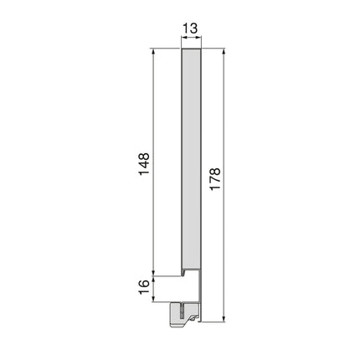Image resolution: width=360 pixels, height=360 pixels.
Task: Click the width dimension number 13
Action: click(x=191, y=29)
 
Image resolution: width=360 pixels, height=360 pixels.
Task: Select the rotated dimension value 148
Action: click(x=143, y=162)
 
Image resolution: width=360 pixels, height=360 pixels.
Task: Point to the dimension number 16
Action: click(x=143, y=286)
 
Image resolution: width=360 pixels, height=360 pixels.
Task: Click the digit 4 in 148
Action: click(x=143, y=162)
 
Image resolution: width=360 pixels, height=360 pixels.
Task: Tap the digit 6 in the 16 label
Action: click(x=143, y=282)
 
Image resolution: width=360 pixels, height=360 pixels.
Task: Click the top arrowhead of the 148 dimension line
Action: click(x=155, y=52)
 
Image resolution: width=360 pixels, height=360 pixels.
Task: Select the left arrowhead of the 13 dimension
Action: click(x=183, y=41)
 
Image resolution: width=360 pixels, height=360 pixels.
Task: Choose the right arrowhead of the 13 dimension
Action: click(x=202, y=41)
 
